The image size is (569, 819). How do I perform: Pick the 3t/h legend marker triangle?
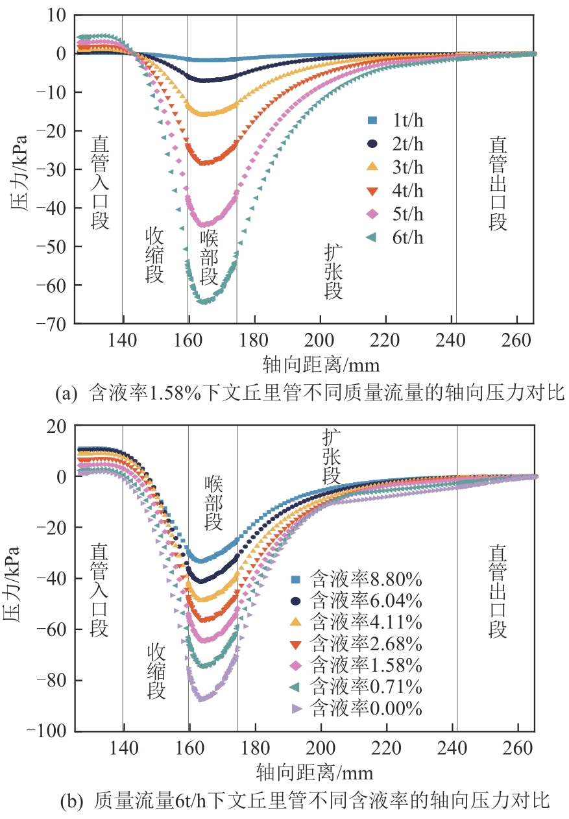click(372, 167)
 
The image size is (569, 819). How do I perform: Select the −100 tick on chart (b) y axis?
click(53, 731)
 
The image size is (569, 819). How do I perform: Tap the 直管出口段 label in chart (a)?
click(498, 183)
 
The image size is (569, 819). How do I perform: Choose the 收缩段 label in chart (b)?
click(156, 671)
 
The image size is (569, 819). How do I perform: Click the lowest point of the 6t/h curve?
click(204, 302)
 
